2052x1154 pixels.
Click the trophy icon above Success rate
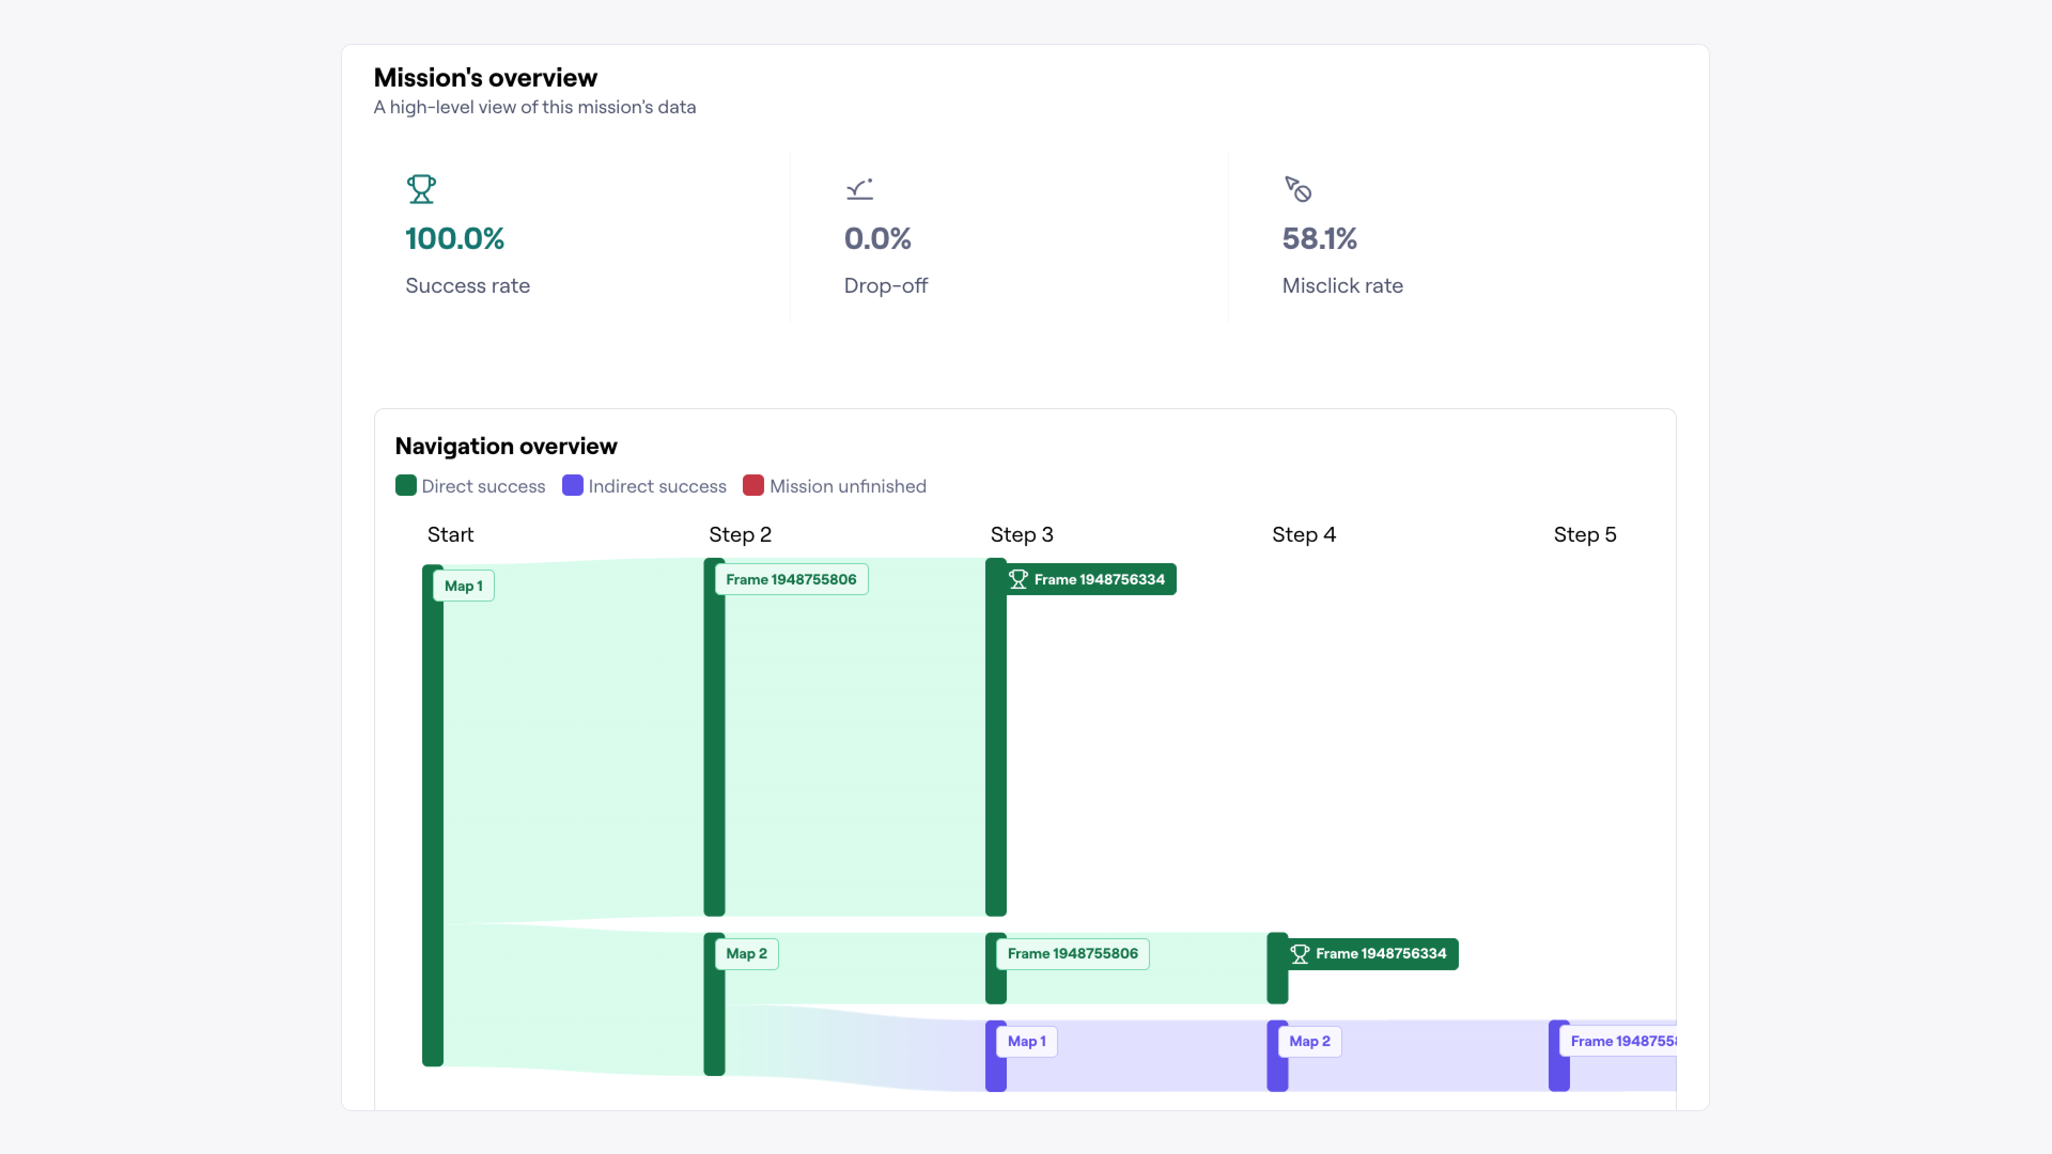click(x=421, y=190)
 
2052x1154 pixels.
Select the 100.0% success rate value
click(x=455, y=239)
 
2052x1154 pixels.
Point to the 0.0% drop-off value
click(x=877, y=239)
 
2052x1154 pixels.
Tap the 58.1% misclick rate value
click(x=1319, y=239)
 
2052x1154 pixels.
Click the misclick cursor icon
click(x=1297, y=190)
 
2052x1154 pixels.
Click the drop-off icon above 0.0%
click(x=859, y=190)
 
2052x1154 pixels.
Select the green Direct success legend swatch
click(x=406, y=486)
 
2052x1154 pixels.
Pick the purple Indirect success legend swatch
click(x=572, y=486)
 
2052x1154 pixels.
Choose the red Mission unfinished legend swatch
click(x=753, y=486)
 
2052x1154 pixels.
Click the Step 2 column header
click(x=740, y=534)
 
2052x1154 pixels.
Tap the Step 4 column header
click(x=1303, y=534)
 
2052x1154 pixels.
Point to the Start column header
click(x=450, y=534)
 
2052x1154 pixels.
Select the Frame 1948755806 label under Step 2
click(x=791, y=580)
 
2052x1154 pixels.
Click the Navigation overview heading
click(x=506, y=446)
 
